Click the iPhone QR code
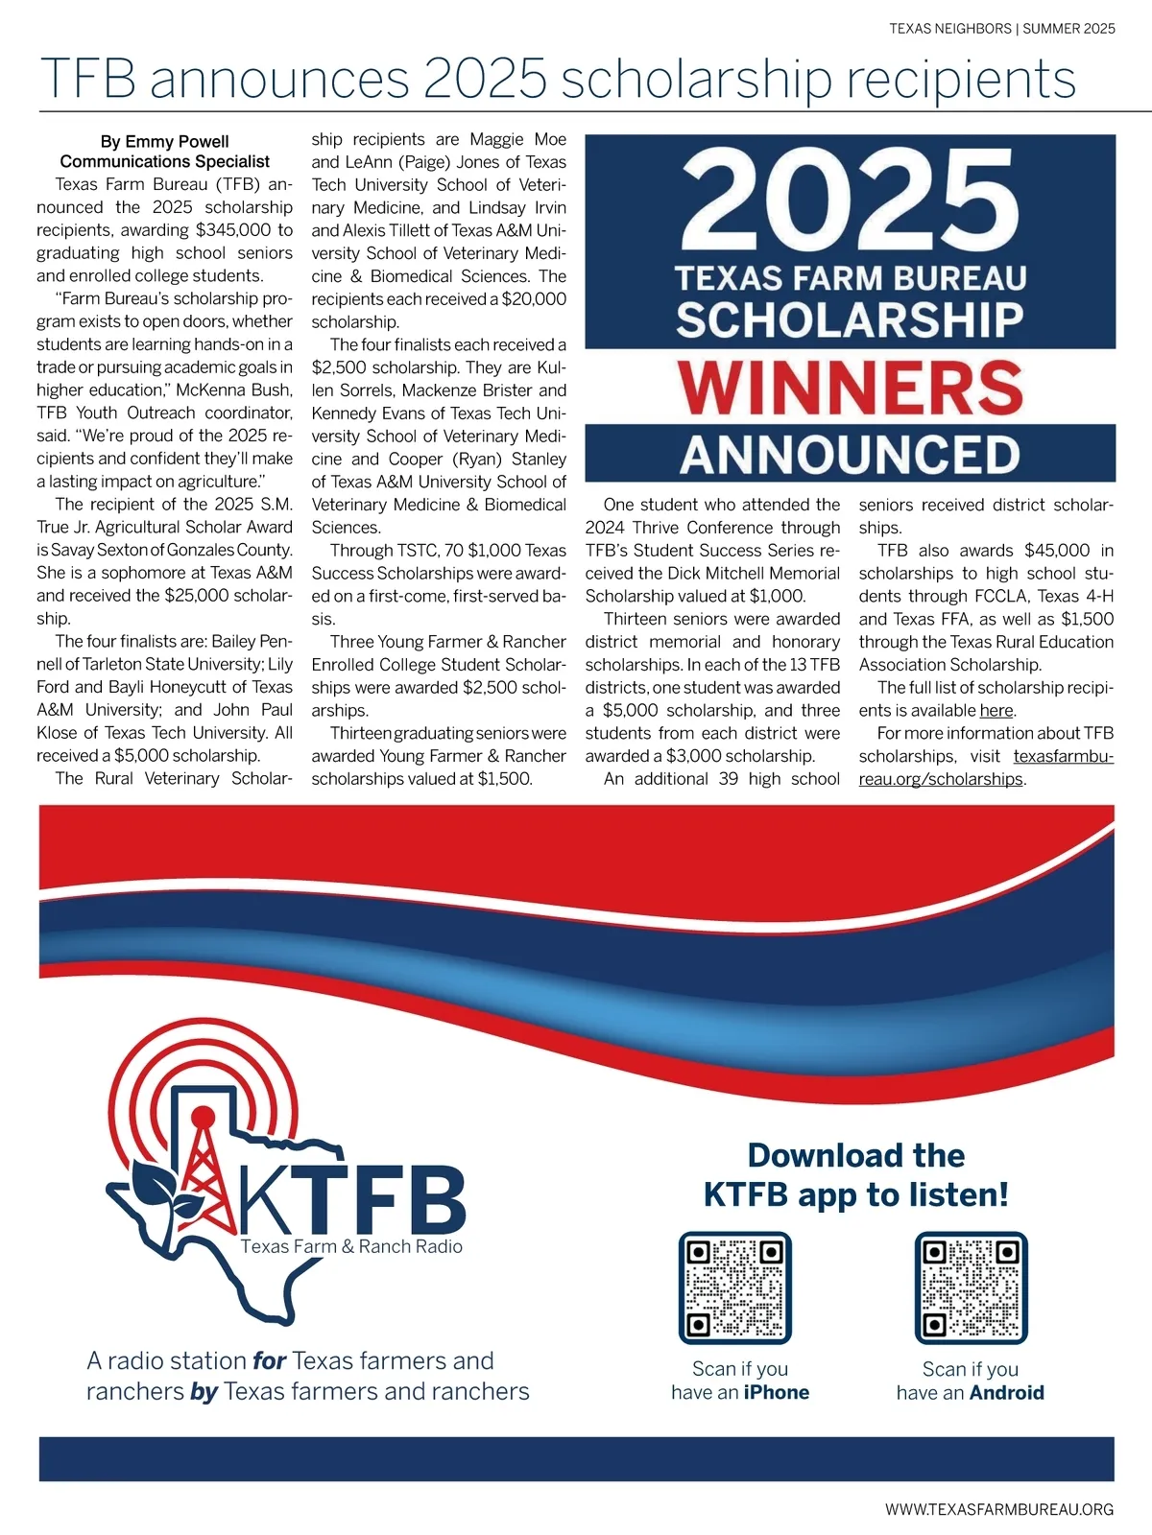click(734, 1287)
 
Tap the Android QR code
click(971, 1287)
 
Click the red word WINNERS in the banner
click(850, 387)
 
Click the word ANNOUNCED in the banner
click(850, 454)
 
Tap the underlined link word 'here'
click(996, 711)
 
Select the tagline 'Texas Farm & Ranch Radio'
click(351, 1246)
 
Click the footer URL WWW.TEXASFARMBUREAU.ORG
click(999, 1509)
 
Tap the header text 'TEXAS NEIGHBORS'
click(949, 29)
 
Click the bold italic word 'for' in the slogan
click(270, 1360)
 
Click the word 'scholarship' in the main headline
click(696, 80)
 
